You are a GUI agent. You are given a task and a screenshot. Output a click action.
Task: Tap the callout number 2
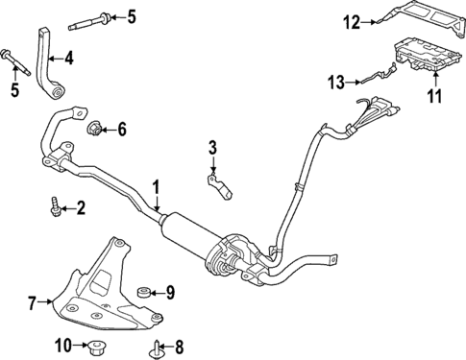click(x=81, y=205)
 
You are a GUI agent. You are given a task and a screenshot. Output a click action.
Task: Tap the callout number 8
click(x=180, y=345)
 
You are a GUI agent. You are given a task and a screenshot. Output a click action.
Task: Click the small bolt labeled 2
click(x=56, y=204)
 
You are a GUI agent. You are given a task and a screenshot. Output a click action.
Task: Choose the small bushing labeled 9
click(x=144, y=292)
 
